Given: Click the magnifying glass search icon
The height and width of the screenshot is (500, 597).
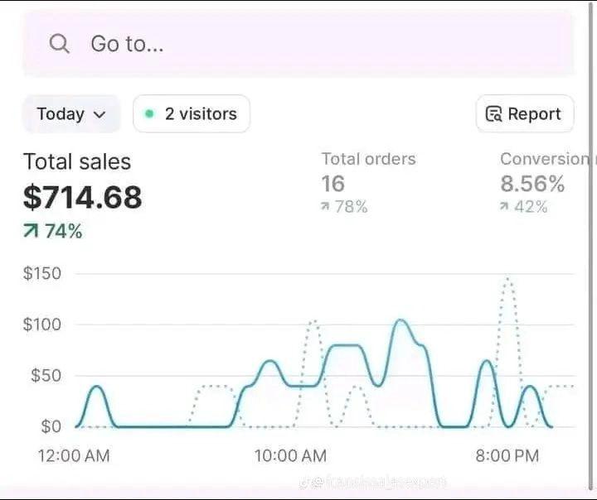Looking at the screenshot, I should click(59, 44).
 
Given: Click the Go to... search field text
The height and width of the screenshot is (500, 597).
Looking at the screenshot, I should click(127, 44).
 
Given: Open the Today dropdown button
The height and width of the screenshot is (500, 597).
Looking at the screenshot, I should click(71, 114).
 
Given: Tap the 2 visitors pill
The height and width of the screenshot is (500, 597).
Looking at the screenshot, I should click(192, 114).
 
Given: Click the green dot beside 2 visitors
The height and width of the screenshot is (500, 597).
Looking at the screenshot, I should click(149, 114).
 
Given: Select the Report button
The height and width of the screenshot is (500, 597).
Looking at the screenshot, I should click(524, 114).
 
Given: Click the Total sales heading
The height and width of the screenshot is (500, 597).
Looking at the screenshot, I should click(77, 161).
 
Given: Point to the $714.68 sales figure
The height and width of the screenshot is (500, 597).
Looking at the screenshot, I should click(83, 197).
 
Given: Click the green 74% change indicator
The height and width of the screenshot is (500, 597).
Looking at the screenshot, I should click(53, 232).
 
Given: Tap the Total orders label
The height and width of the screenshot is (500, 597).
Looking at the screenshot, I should click(368, 159).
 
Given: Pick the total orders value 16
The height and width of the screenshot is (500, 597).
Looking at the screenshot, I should click(332, 184).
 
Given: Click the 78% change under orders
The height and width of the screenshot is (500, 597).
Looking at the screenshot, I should click(344, 207).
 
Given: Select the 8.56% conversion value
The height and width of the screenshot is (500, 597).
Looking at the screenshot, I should click(532, 184).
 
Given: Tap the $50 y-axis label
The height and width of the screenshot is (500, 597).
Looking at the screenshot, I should click(46, 375).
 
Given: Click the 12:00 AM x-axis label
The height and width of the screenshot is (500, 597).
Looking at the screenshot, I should click(74, 455).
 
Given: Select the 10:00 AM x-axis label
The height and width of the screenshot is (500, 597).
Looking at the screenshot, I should click(290, 455).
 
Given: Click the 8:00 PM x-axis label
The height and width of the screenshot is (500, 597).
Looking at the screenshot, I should click(507, 455).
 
